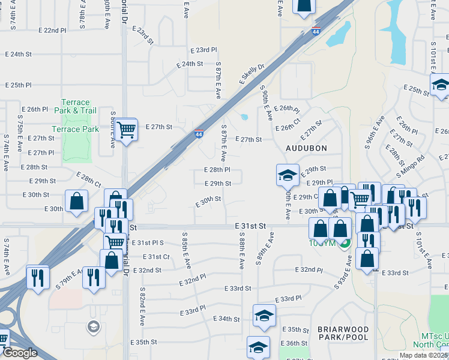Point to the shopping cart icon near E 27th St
[x=126, y=129]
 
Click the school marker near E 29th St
[x=288, y=175]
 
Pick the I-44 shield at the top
[x=315, y=32]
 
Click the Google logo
[x=20, y=353]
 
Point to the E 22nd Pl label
[x=52, y=30]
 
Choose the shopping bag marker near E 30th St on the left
[x=77, y=201]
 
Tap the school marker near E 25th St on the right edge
[x=441, y=85]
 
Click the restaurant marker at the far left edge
[x=37, y=277]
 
